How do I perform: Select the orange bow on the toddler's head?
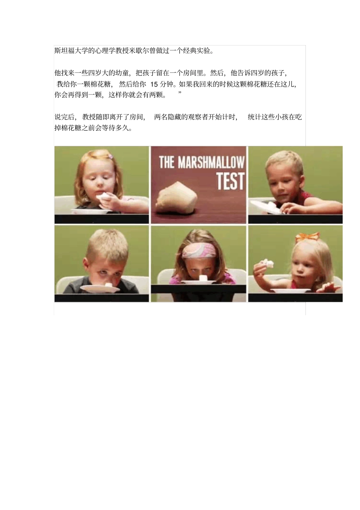click(x=307, y=237)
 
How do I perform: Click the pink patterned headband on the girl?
click(x=198, y=251)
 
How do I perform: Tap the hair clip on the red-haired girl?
click(x=110, y=156)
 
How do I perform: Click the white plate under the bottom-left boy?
click(x=100, y=289)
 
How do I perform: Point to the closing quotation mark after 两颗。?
click(x=180, y=93)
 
